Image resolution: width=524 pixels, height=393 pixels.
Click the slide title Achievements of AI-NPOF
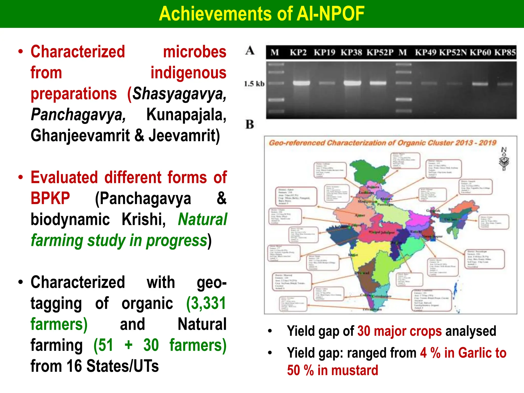tap(261, 14)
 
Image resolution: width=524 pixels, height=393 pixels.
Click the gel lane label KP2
tap(298, 52)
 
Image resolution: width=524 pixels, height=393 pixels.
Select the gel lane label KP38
tap(351, 52)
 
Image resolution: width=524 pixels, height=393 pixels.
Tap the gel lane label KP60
tap(480, 52)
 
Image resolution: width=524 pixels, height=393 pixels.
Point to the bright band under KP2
tap(301, 83)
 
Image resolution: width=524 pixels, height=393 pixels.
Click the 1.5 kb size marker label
tap(254, 84)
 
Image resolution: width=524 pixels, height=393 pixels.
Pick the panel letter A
tap(250, 50)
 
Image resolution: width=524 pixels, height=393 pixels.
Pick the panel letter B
tap(250, 125)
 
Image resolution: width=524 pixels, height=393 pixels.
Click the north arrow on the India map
tap(504, 159)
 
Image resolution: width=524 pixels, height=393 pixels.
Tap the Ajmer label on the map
tap(360, 215)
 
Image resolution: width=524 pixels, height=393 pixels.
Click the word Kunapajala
tap(186, 115)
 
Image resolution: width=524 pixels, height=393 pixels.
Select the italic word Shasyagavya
tap(179, 94)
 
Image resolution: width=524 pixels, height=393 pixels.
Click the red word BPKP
tap(50, 198)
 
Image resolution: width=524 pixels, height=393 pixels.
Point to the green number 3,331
tap(206, 303)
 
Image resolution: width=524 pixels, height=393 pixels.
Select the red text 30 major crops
tap(399, 331)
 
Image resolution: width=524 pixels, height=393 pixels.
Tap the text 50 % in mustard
tap(332, 370)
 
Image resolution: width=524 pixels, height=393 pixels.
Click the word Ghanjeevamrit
tap(80, 136)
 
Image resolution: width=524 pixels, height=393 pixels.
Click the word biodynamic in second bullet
tap(70, 220)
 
